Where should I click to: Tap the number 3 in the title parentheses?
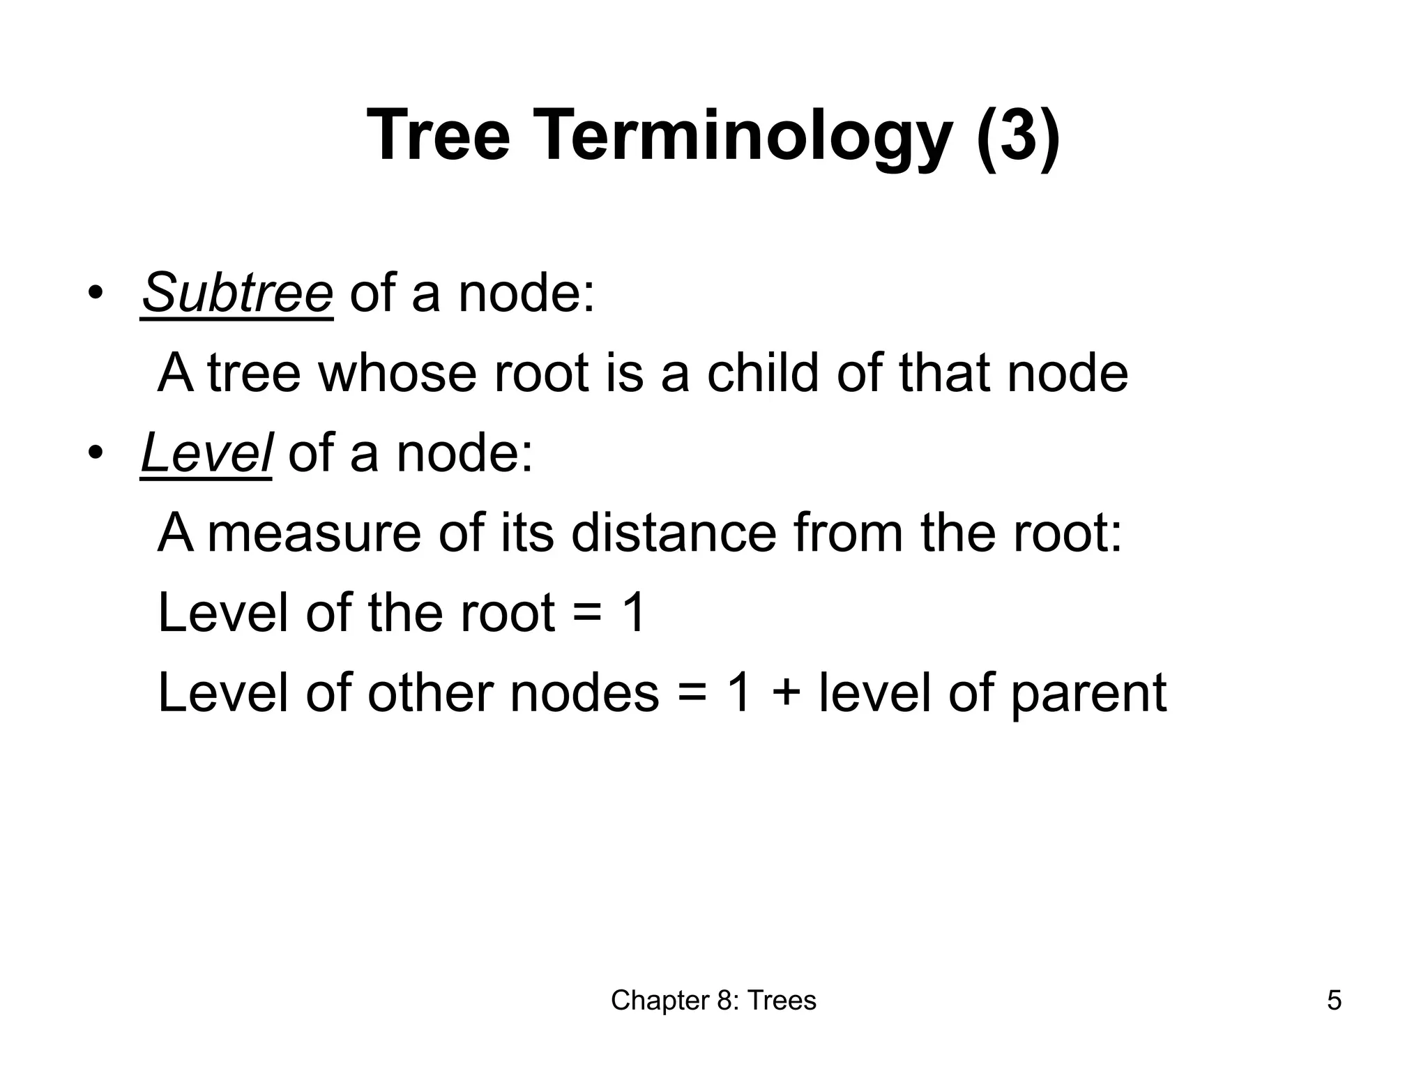pyautogui.click(x=1017, y=136)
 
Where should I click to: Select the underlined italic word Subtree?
pyautogui.click(x=237, y=293)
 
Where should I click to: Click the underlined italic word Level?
pyautogui.click(x=206, y=453)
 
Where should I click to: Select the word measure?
pyautogui.click(x=314, y=533)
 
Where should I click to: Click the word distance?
pyautogui.click(x=674, y=533)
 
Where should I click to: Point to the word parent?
pyautogui.click(x=1088, y=694)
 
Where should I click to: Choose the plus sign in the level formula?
pyautogui.click(x=785, y=694)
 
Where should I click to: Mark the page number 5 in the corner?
pyautogui.click(x=1334, y=1001)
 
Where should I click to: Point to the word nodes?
pyautogui.click(x=584, y=694)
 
